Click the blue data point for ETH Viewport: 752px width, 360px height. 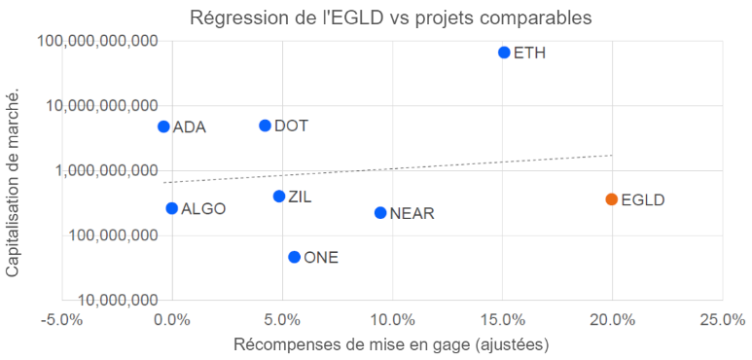tap(504, 53)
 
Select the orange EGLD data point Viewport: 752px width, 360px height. tap(611, 199)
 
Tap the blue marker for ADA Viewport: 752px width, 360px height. tap(163, 126)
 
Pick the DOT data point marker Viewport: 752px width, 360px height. tap(265, 126)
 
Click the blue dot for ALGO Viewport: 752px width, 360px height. tap(171, 208)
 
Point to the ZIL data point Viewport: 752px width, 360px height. tap(279, 197)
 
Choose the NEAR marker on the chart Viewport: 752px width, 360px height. tap(380, 213)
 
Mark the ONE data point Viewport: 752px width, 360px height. tap(294, 257)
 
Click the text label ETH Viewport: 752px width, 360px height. tap(529, 54)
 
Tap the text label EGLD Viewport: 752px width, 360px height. tap(642, 200)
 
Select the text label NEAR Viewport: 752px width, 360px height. tap(412, 214)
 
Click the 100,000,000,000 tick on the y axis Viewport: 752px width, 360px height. tap(97, 41)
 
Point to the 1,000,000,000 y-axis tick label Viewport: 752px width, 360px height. tap(105, 170)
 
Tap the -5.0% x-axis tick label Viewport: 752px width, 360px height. tap(61, 319)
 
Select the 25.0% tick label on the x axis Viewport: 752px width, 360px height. tap(722, 319)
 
